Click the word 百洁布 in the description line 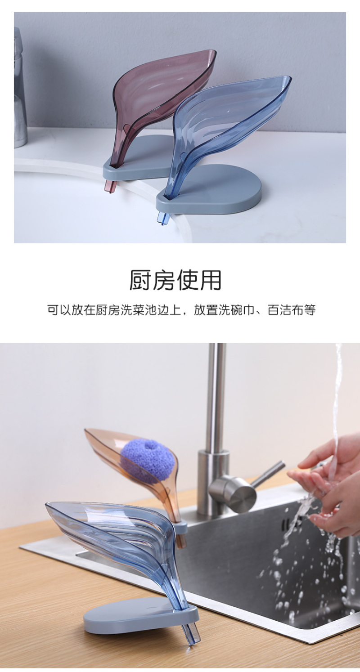(285, 310)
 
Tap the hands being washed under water (327, 480)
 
